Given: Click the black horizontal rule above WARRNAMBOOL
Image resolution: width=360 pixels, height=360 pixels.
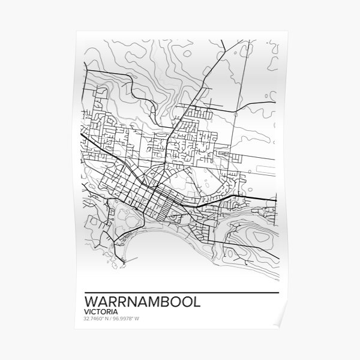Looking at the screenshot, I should coord(179,292).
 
